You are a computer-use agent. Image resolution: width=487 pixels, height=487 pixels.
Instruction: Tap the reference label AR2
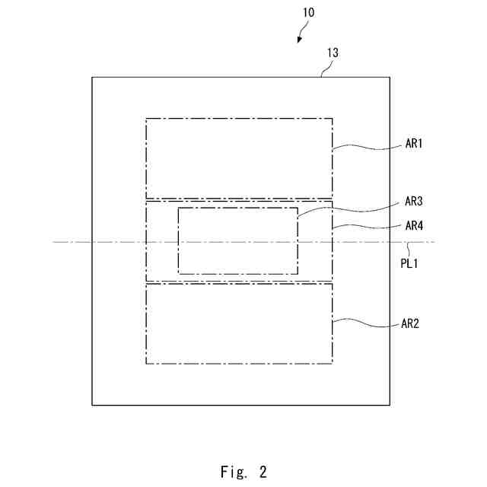(410, 323)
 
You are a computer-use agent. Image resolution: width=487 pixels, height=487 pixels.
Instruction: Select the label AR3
(414, 202)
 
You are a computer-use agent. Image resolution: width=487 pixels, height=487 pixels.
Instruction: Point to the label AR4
(414, 225)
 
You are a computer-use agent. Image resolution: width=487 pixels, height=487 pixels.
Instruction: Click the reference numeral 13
(333, 53)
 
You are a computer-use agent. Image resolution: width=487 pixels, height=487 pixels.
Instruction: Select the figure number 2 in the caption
(263, 473)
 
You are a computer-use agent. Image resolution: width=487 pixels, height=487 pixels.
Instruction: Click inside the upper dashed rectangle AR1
(239, 158)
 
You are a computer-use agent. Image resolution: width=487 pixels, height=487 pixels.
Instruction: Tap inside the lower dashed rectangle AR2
(239, 323)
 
